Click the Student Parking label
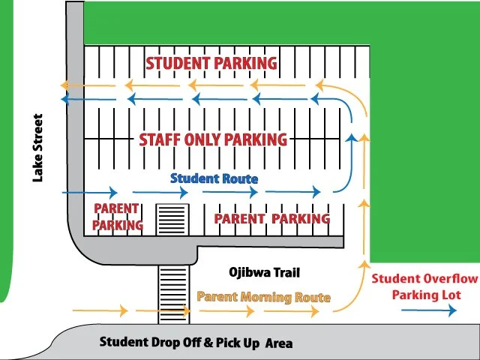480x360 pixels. (x=211, y=63)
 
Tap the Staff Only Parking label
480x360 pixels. (x=213, y=139)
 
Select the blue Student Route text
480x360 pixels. (x=214, y=179)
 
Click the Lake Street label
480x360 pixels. (x=38, y=148)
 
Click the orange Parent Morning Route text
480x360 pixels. (x=263, y=297)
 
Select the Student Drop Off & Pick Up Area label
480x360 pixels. (x=196, y=343)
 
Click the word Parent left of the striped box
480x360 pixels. (x=115, y=208)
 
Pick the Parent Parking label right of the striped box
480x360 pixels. (x=271, y=218)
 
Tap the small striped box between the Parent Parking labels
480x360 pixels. (x=171, y=219)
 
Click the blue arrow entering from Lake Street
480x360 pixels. (x=90, y=193)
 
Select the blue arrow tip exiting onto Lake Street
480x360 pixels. (x=64, y=99)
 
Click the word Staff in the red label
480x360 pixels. (x=159, y=139)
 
